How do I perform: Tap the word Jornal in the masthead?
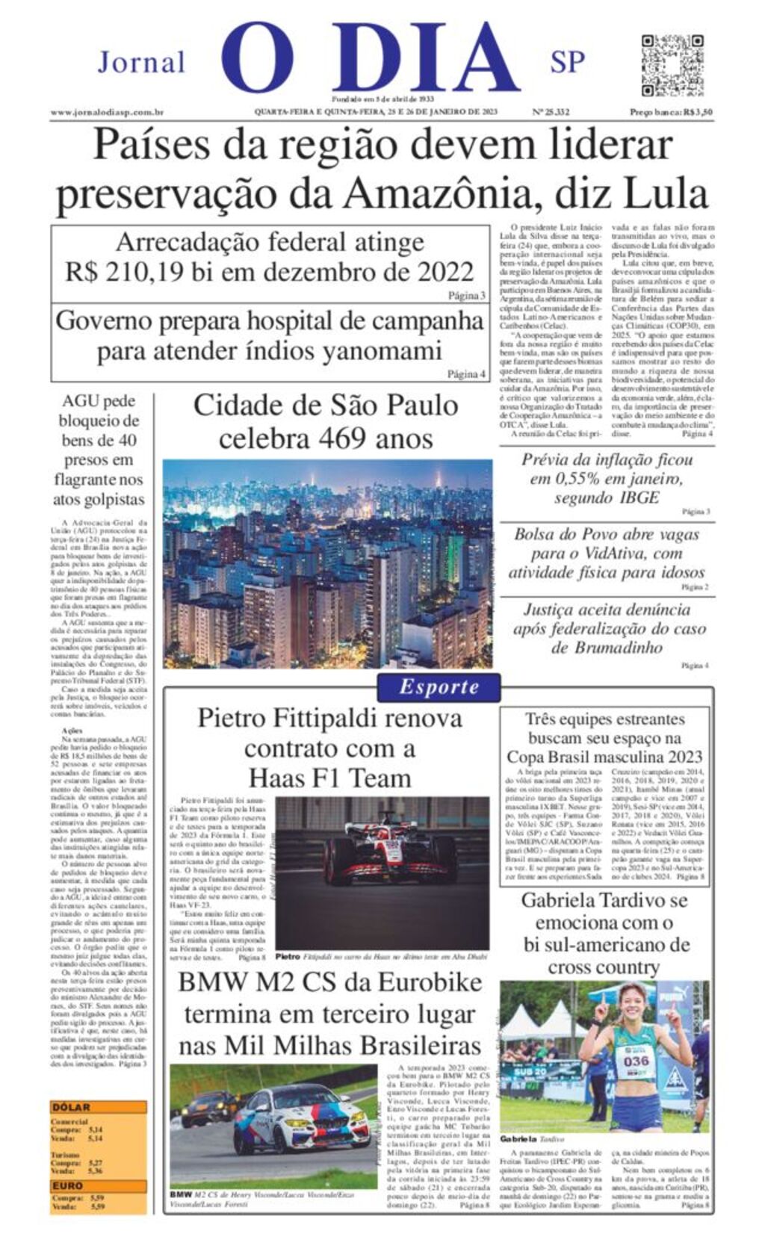click(141, 62)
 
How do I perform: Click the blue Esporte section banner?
click(439, 686)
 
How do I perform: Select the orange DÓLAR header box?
click(71, 1107)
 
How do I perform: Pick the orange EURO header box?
click(68, 1185)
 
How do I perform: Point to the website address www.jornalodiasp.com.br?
click(107, 112)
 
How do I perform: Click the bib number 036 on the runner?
click(636, 1061)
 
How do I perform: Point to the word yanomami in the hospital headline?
click(382, 350)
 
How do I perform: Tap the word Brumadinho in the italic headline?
click(607, 648)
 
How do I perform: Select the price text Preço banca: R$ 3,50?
click(670, 112)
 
